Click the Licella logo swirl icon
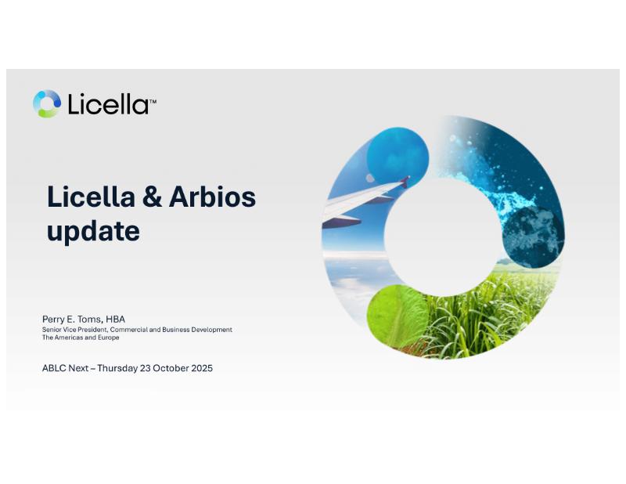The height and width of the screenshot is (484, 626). click(x=47, y=104)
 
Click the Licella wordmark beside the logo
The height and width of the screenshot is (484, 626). click(x=108, y=104)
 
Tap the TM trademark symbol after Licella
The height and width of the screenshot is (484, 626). click(x=153, y=102)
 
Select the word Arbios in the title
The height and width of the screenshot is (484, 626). click(x=212, y=197)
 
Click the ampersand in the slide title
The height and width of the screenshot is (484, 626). click(x=152, y=197)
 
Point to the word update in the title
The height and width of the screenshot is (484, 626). click(x=93, y=231)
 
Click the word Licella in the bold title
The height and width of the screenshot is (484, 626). click(x=91, y=197)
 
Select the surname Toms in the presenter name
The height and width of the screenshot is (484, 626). click(x=90, y=320)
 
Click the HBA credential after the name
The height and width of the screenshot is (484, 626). click(x=116, y=320)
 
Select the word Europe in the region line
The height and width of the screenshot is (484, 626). click(x=108, y=338)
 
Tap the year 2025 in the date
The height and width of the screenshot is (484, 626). click(x=202, y=368)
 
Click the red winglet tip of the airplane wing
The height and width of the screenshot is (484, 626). click(x=405, y=182)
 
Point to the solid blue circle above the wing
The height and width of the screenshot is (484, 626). click(x=398, y=157)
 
